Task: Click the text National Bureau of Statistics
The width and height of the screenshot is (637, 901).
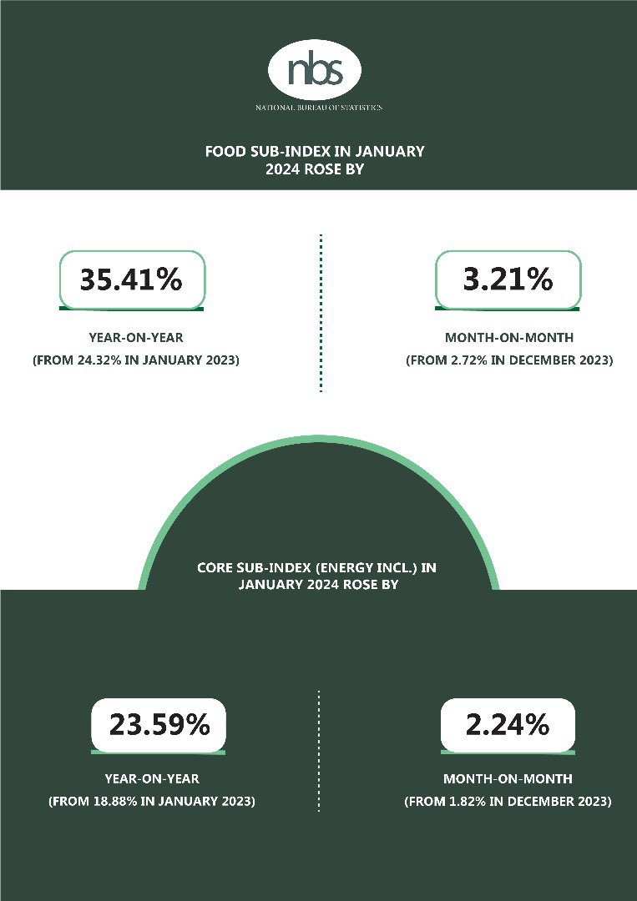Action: click(318, 108)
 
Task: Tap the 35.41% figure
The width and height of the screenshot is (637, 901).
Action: click(131, 279)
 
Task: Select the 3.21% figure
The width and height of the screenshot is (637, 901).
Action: click(508, 279)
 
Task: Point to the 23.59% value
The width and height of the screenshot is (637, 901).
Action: click(159, 725)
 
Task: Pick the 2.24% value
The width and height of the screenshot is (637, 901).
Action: click(508, 725)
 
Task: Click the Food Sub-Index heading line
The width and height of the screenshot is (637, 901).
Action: click(316, 152)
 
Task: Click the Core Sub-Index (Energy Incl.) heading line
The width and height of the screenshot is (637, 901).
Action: click(317, 568)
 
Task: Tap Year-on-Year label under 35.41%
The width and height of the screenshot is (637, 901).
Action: click(131, 340)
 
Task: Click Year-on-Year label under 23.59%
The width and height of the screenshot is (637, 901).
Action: click(152, 779)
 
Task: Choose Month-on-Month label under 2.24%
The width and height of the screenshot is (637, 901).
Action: click(508, 779)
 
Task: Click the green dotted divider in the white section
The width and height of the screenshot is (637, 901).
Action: click(321, 313)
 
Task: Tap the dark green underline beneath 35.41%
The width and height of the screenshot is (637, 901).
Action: click(131, 308)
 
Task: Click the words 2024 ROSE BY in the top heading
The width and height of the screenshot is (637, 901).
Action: click(316, 169)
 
